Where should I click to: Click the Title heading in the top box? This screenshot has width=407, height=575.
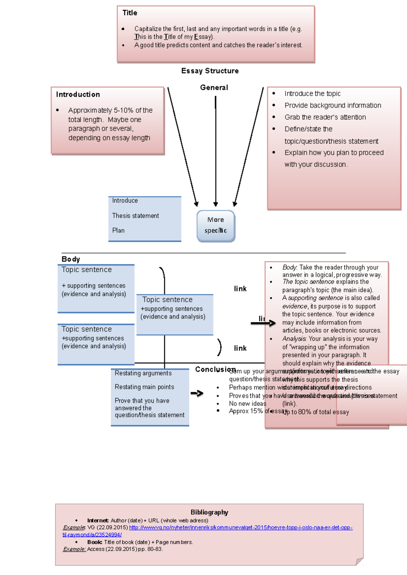pyautogui.click(x=130, y=13)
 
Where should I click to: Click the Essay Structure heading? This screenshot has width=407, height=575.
pyautogui.click(x=210, y=71)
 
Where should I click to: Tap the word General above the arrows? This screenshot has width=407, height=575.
pyautogui.click(x=214, y=87)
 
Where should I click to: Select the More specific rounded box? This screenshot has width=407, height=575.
pyautogui.click(x=216, y=226)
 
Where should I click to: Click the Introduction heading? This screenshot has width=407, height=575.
pyautogui.click(x=78, y=94)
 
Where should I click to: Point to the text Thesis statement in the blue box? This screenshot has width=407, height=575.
pyautogui.click(x=135, y=216)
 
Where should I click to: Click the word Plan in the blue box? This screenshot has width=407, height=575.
pyautogui.click(x=118, y=230)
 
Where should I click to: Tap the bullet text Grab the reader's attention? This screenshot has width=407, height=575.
pyautogui.click(x=325, y=117)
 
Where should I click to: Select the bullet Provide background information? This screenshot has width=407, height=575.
pyautogui.click(x=332, y=105)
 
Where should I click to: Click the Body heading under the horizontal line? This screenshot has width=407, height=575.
pyautogui.click(x=71, y=259)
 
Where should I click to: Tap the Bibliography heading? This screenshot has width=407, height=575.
pyautogui.click(x=209, y=512)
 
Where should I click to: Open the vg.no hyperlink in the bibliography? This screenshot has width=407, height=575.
pyautogui.click(x=240, y=528)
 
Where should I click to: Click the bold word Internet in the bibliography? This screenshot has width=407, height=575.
pyautogui.click(x=98, y=520)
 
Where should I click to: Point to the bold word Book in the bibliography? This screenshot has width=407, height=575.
pyautogui.click(x=94, y=542)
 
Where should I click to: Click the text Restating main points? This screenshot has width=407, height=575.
pyautogui.click(x=144, y=387)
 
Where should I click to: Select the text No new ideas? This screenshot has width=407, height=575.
pyautogui.click(x=247, y=404)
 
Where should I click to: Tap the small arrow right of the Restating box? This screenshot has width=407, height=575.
pyautogui.click(x=197, y=393)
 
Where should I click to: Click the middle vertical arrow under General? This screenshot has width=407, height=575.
pyautogui.click(x=215, y=152)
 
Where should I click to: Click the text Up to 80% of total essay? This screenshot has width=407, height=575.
pyautogui.click(x=315, y=412)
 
